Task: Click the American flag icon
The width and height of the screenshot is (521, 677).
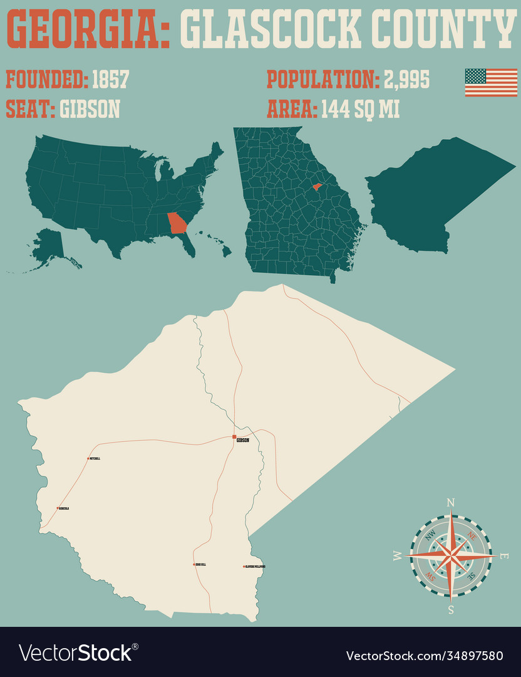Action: tap(490, 82)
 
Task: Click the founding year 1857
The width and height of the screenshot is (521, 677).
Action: tap(110, 80)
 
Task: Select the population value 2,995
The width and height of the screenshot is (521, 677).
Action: tap(407, 80)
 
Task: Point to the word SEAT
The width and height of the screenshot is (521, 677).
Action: tap(29, 109)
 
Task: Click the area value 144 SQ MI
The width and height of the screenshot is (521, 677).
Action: tap(360, 109)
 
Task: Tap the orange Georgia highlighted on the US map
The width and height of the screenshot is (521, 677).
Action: tap(178, 223)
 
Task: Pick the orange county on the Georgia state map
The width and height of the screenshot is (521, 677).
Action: tap(317, 187)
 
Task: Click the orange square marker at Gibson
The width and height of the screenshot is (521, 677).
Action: tap(234, 436)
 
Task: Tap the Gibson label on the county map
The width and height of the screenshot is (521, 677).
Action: tap(243, 441)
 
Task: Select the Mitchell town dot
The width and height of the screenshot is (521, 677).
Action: tap(88, 458)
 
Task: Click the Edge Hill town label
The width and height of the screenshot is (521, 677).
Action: tap(201, 565)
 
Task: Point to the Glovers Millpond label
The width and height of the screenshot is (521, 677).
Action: tap(255, 567)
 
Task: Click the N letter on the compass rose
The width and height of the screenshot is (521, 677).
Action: tap(450, 502)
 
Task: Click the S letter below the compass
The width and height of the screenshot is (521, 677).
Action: tap(450, 609)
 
